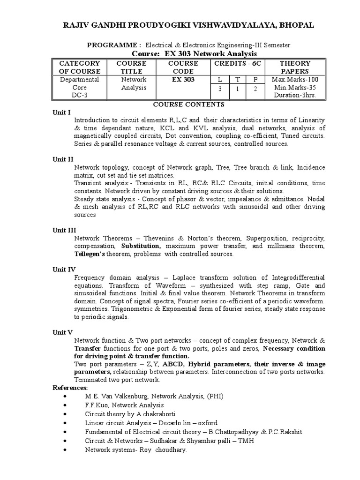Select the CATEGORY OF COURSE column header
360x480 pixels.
(80, 67)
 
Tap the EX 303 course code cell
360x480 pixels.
(184, 80)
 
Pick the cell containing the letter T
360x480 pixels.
(238, 80)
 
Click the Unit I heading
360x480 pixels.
(61, 112)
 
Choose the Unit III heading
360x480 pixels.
(63, 230)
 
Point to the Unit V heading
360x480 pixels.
(62, 332)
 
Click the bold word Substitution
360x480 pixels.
(141, 246)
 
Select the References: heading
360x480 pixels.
(70, 388)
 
